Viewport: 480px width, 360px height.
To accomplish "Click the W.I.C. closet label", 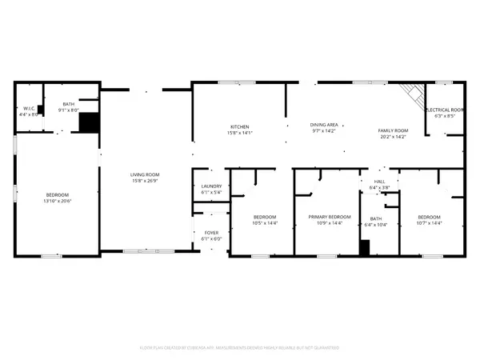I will point(28,108).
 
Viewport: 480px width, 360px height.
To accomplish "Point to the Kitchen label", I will point(240,127).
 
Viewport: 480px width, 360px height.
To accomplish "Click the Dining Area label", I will point(324,125).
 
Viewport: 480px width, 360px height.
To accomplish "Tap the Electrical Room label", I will point(445,110).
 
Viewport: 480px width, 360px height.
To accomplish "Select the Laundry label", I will point(210,186).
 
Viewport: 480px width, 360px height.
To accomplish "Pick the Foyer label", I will point(210,233).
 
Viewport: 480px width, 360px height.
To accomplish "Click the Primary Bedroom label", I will point(330,217).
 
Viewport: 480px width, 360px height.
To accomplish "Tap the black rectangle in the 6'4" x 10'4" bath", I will point(364,248).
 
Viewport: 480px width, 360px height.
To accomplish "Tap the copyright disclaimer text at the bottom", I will point(240,348).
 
